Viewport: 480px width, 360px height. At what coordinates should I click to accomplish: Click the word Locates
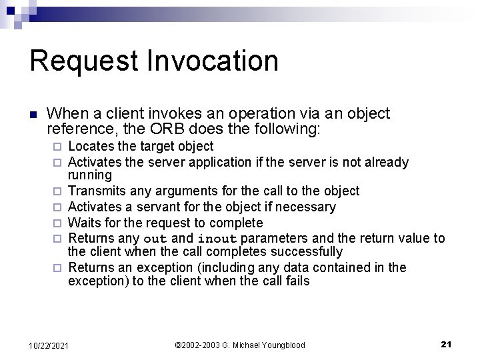(x=91, y=146)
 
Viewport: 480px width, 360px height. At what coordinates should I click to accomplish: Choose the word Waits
(x=85, y=223)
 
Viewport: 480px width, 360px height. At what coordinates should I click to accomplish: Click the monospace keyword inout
(x=218, y=239)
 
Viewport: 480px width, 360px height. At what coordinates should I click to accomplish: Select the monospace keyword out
(x=155, y=239)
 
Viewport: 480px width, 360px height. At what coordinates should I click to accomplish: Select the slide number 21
(x=446, y=344)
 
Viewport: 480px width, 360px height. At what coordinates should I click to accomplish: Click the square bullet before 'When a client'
(x=34, y=115)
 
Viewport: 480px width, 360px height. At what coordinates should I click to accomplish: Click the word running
(x=90, y=175)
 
